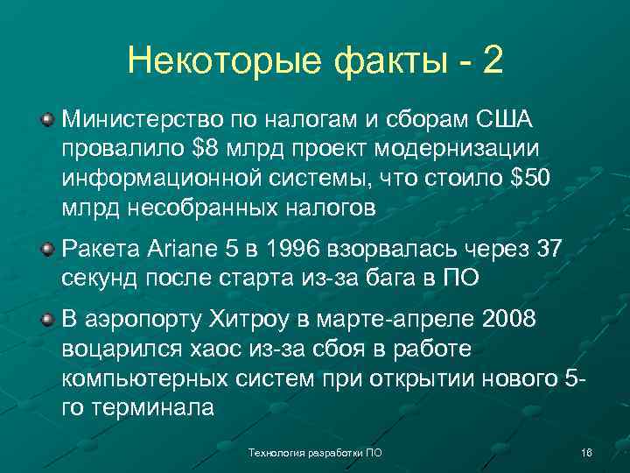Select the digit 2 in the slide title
[x=493, y=60]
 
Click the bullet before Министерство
[x=49, y=118]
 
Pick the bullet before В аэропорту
[x=49, y=321]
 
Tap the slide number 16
[x=586, y=453]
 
